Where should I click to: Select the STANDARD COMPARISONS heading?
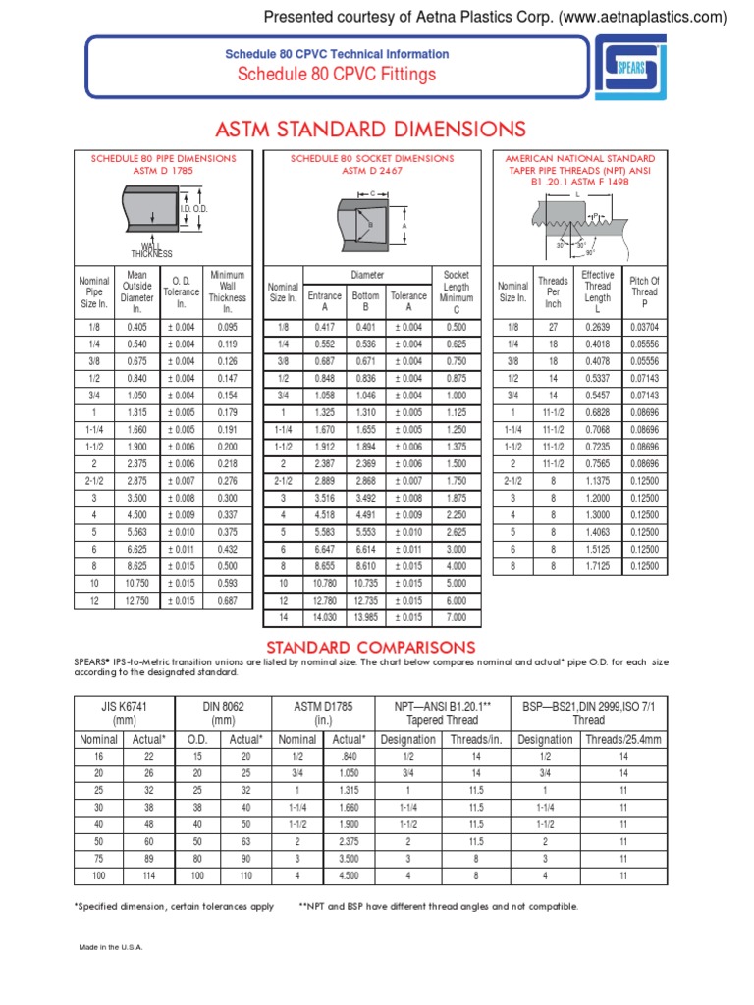pos(372,647)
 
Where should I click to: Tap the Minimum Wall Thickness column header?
pos(227,292)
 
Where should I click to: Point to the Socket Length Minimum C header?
pos(457,292)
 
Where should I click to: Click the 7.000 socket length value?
pos(457,616)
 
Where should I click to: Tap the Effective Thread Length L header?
pos(597,292)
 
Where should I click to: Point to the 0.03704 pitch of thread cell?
pos(644,327)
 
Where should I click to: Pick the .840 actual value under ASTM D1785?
pos(349,758)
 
